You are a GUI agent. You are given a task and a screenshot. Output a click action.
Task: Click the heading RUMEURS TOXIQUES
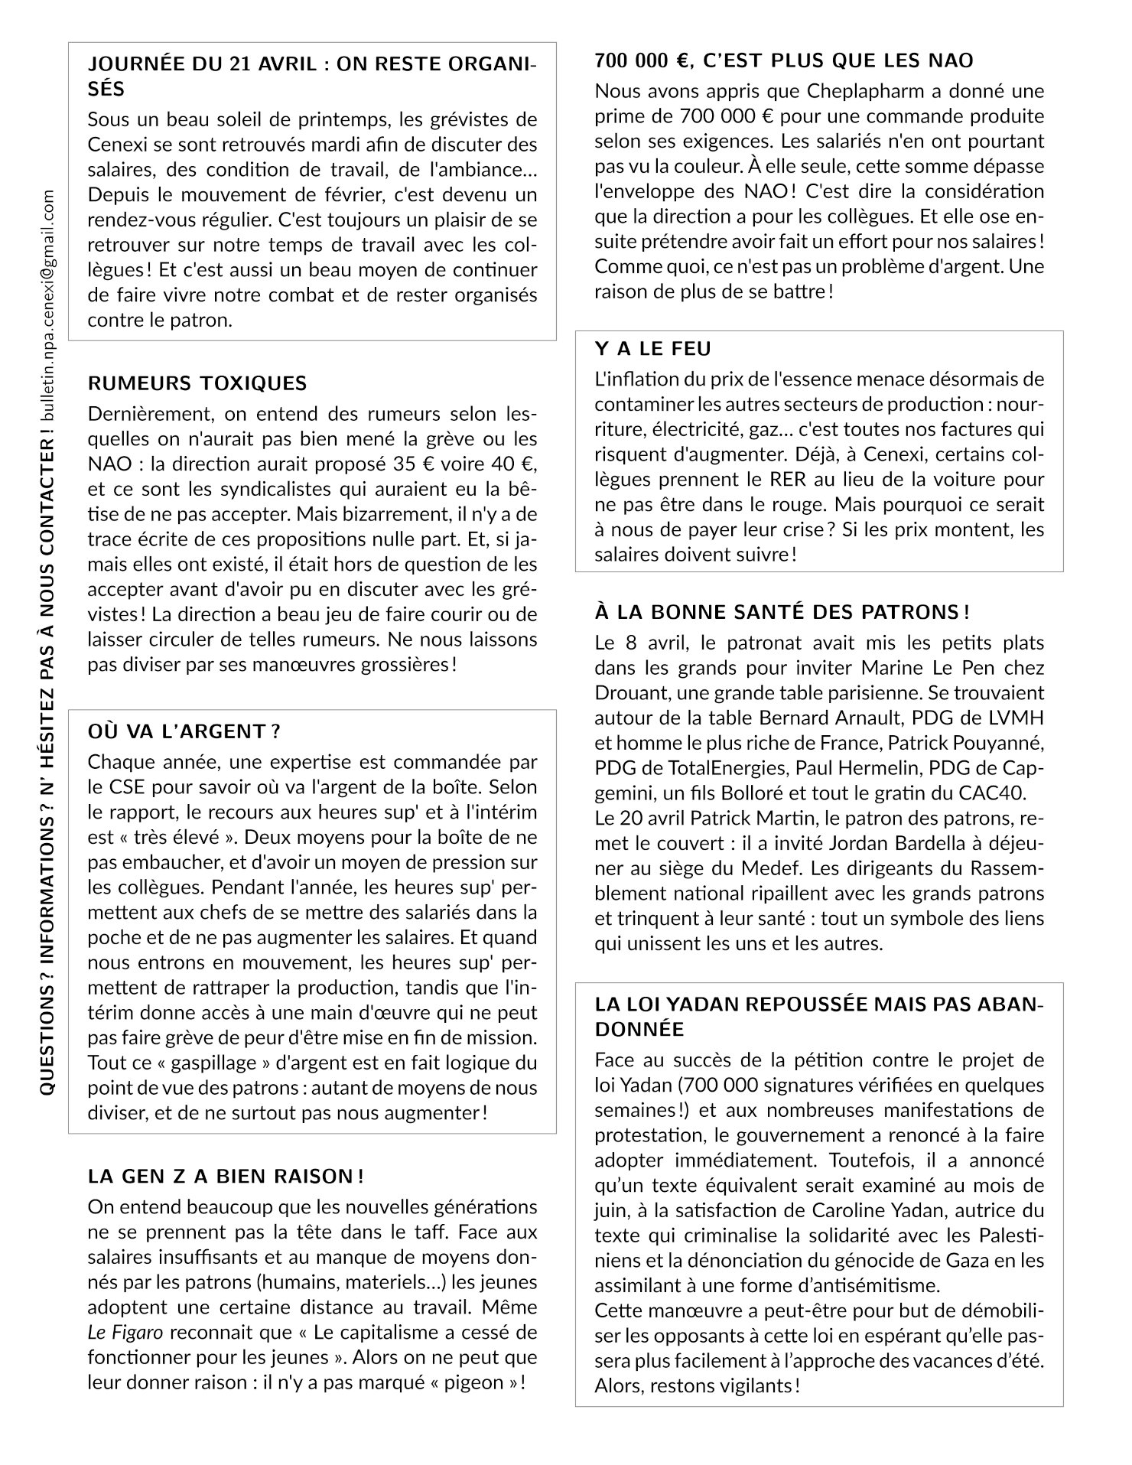click(x=197, y=383)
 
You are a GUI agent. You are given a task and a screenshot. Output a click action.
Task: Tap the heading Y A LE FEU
click(x=653, y=349)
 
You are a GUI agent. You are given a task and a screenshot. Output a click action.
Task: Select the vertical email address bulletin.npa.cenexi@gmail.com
click(x=49, y=306)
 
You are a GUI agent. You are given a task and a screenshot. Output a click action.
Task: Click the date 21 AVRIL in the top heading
click(x=272, y=64)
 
